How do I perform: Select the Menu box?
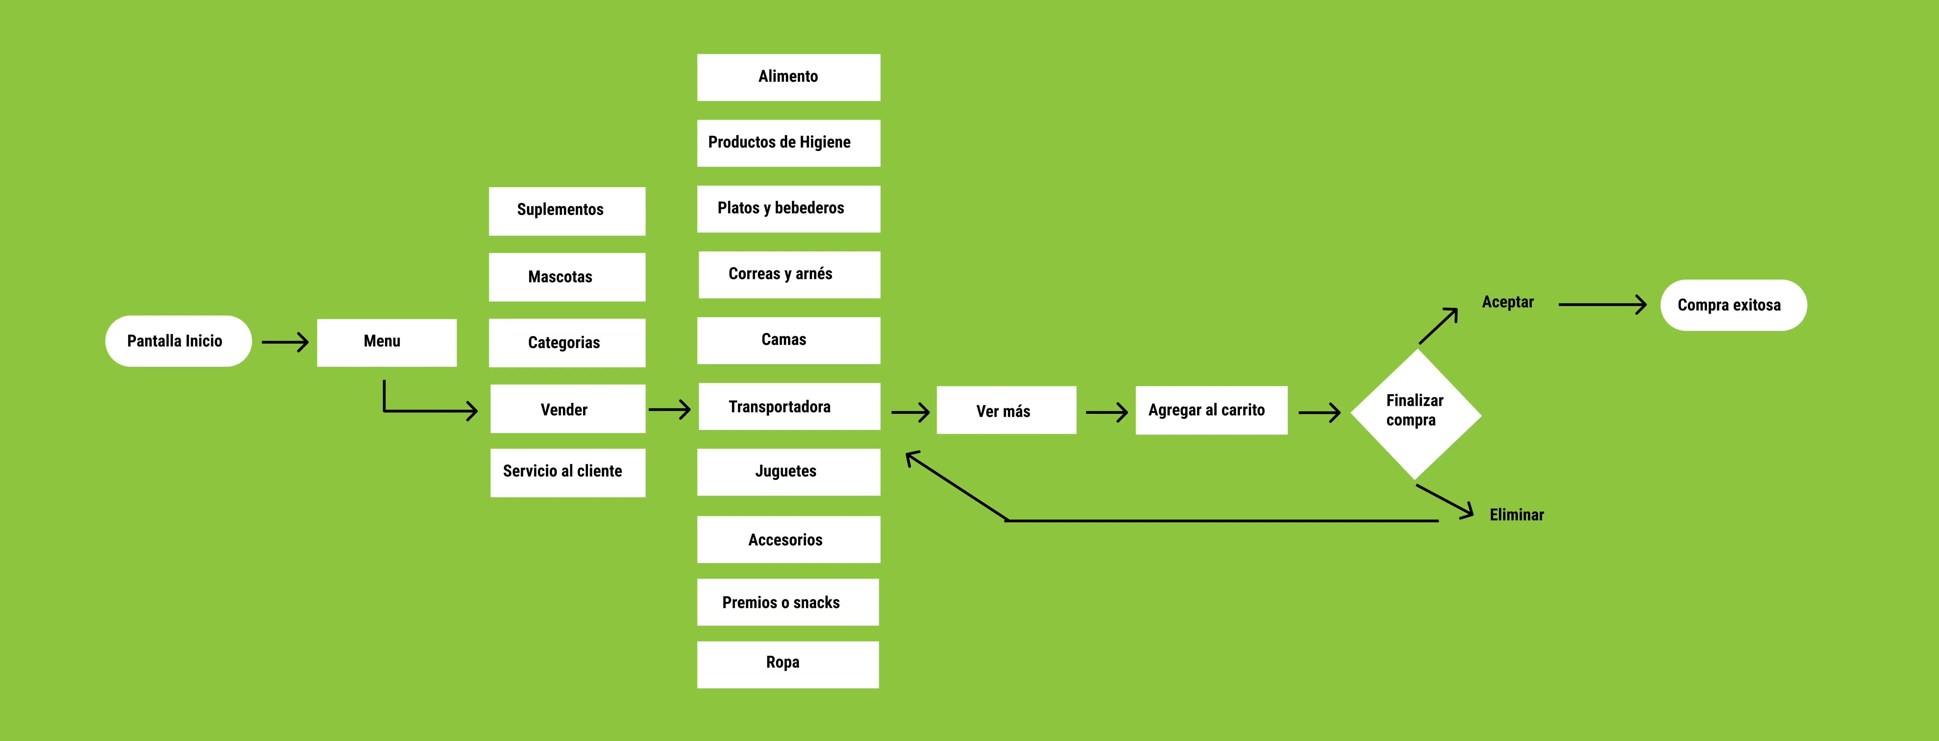click(x=386, y=343)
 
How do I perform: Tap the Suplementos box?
click(x=567, y=211)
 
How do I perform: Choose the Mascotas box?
click(x=567, y=277)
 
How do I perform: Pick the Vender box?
click(x=568, y=409)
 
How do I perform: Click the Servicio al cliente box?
click(x=568, y=472)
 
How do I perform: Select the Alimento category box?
click(x=788, y=77)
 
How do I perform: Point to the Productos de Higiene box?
click(x=788, y=143)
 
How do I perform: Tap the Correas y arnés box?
click(x=789, y=274)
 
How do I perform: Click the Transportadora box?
click(x=789, y=407)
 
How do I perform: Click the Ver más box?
click(x=1006, y=410)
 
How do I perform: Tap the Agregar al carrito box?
click(x=1211, y=410)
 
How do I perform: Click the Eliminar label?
click(x=1516, y=515)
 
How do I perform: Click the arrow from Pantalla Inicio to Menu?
click(x=285, y=343)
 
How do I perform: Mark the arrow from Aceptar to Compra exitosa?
click(x=1602, y=305)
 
